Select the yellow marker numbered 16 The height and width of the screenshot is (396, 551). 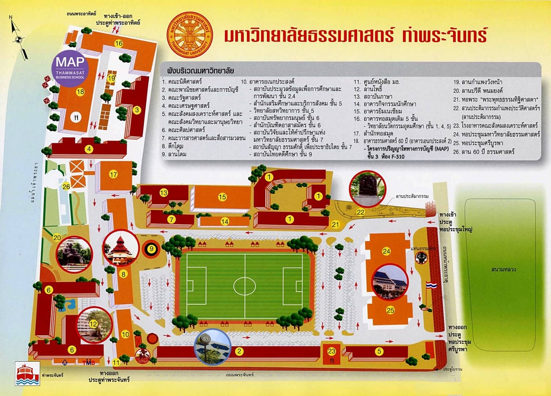pyautogui.click(x=119, y=43)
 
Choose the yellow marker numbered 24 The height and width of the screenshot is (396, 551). pyautogui.click(x=387, y=251)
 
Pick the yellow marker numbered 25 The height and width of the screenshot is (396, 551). pyautogui.click(x=390, y=310)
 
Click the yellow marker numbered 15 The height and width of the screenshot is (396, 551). pyautogui.click(x=222, y=196)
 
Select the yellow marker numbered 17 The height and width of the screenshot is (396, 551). pyautogui.click(x=114, y=174)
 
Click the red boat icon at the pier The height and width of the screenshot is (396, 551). pyautogui.click(x=24, y=374)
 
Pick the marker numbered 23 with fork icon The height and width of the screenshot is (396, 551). pyautogui.click(x=332, y=352)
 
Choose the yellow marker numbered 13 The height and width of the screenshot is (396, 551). pyautogui.click(x=164, y=192)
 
